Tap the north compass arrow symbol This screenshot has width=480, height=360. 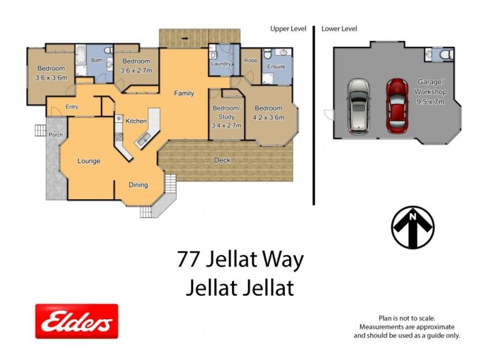click(x=413, y=227)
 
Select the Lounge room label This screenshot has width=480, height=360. click(x=88, y=161)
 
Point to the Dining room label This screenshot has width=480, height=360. click(x=138, y=185)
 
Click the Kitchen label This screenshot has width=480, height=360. click(x=136, y=121)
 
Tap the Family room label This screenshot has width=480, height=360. click(x=184, y=94)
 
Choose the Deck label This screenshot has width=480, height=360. click(x=222, y=160)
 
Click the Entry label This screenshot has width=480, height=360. click(x=72, y=107)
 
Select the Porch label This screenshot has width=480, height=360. click(x=56, y=135)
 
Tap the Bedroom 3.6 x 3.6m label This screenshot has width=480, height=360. click(x=50, y=73)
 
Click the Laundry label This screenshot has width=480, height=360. click(x=221, y=64)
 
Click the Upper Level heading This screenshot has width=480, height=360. click(x=288, y=28)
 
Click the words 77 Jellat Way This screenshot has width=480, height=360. click(x=241, y=260)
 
